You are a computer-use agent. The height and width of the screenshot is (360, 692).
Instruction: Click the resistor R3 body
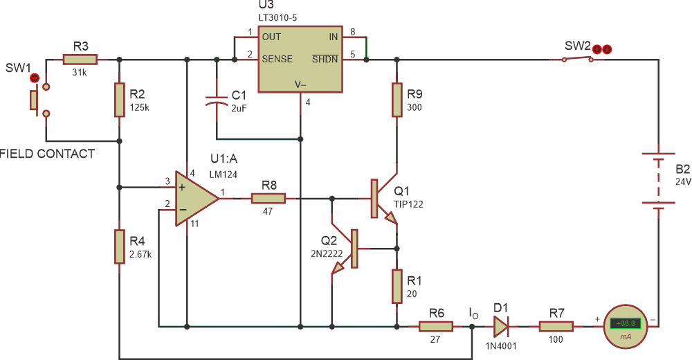(x=81, y=60)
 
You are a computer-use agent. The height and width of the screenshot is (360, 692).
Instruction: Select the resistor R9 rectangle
(x=397, y=100)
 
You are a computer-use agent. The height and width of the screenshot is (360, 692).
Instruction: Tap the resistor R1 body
(x=397, y=286)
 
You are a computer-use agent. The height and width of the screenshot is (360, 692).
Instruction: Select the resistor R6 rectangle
(x=435, y=326)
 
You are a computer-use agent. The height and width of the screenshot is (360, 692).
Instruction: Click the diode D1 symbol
(x=500, y=326)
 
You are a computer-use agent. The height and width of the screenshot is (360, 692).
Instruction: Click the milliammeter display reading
(x=625, y=323)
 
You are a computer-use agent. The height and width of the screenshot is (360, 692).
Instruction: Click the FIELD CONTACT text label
(x=47, y=154)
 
